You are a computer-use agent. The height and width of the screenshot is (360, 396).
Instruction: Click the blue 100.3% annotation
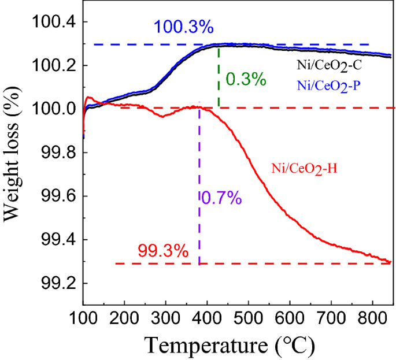point(183,28)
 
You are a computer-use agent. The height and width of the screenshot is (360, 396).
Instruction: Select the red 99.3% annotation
point(162,251)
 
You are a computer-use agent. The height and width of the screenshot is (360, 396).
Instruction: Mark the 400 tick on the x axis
point(207,318)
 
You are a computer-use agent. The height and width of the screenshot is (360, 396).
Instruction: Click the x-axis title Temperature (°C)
point(230,346)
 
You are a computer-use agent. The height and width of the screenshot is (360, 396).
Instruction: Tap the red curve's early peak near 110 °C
point(88,98)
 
